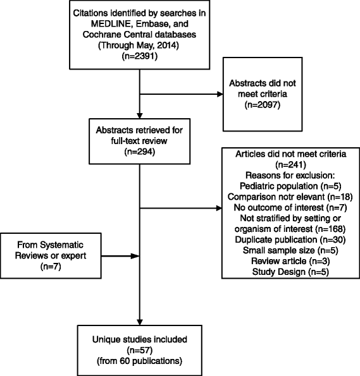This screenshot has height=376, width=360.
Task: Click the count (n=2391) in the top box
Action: (139, 55)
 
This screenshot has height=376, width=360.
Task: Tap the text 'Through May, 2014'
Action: (139, 45)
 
